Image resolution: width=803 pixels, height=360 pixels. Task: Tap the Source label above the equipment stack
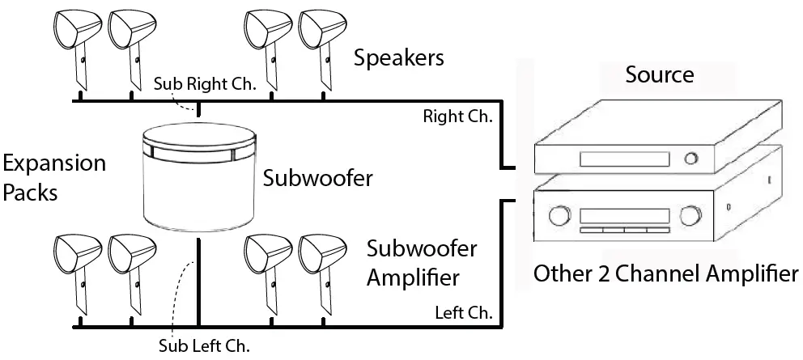pos(660,75)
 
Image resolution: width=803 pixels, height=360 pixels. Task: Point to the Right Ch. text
pos(457,116)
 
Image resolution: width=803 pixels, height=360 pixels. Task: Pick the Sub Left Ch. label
pos(204,345)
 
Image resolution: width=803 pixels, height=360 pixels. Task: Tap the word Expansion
pos(53,164)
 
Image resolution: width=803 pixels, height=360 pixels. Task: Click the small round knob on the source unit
pos(690,158)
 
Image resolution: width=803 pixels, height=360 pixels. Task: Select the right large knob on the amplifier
pos(690,217)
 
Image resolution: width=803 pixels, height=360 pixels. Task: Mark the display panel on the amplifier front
pos(623,215)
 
